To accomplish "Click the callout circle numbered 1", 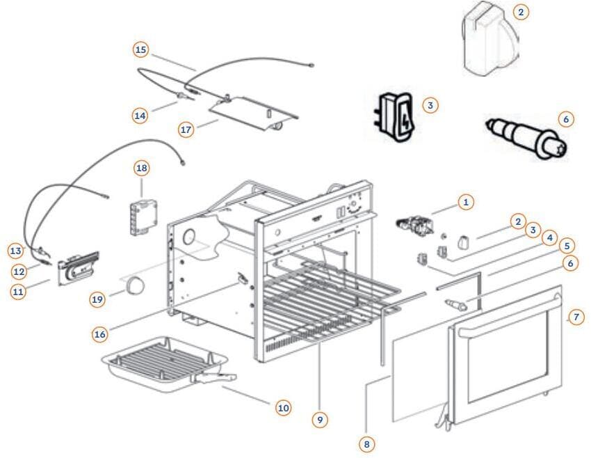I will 465,203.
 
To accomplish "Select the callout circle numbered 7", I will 574,317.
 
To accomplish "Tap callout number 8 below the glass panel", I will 366,443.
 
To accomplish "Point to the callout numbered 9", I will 319,419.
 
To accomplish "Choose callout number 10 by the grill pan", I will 282,408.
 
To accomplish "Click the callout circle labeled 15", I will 141,49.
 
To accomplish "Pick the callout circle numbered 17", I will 186,129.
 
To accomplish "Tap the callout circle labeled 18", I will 142,168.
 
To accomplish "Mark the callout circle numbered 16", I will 100,334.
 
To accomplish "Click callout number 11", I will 18,292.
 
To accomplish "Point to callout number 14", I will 141,116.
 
